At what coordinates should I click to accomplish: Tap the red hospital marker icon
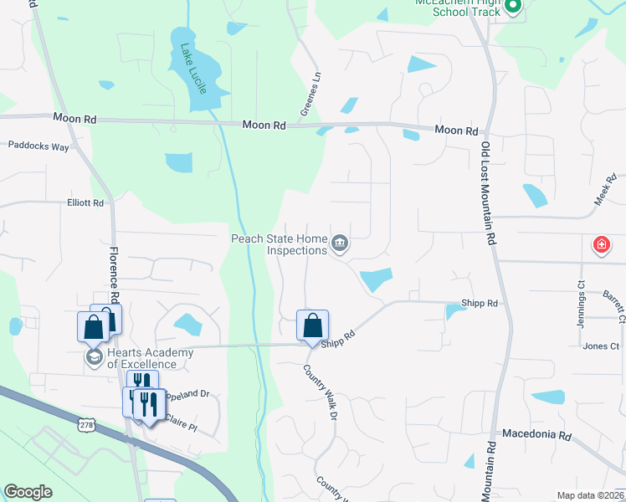pos(601,245)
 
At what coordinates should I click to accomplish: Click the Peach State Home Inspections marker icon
pos(340,243)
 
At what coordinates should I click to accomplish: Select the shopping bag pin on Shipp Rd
pos(312,325)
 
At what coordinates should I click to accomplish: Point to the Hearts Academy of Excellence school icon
pos(93,358)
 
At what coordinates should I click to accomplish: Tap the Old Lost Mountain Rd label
pos(485,193)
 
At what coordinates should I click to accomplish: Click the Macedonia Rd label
pos(536,435)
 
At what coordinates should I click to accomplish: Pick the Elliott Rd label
pos(85,202)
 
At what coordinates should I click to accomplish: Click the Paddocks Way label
pos(38,145)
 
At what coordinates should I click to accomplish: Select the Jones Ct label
pos(601,346)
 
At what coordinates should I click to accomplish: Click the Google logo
pos(28,492)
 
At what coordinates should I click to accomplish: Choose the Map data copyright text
pos(590,495)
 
